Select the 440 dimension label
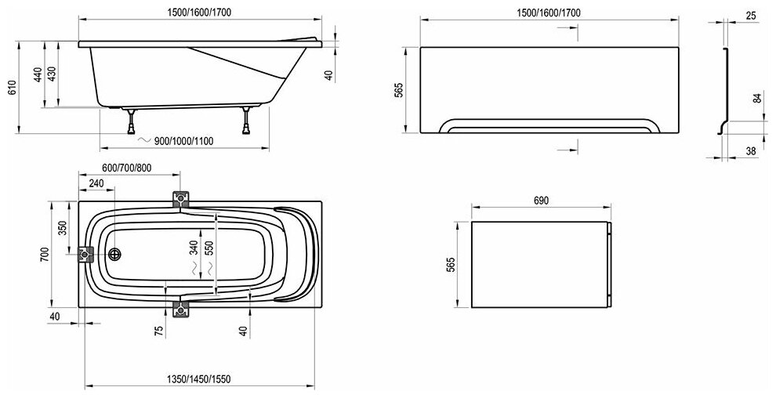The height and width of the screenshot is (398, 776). (x=37, y=75)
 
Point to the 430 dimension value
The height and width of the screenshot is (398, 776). (x=52, y=75)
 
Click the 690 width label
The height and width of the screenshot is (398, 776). (x=540, y=201)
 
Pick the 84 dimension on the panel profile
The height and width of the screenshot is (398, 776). (x=756, y=98)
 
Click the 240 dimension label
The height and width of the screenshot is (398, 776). (x=96, y=183)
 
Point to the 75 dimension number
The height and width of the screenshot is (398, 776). (x=159, y=329)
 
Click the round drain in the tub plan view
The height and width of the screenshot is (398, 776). (x=115, y=255)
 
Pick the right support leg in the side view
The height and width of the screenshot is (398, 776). (x=248, y=119)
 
